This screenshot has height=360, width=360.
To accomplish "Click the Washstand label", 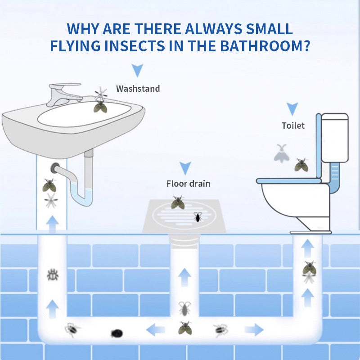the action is (x=138, y=89).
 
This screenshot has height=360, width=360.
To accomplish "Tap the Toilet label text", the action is (x=293, y=126).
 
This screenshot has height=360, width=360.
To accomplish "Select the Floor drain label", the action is (x=188, y=184).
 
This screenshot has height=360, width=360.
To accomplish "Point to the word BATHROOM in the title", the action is (x=265, y=46).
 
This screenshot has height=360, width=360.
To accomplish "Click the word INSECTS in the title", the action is (x=135, y=46).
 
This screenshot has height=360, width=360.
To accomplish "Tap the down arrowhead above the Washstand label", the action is (x=137, y=70).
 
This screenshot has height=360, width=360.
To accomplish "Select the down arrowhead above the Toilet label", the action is (x=292, y=109).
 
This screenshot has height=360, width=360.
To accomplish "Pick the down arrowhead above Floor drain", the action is (x=185, y=168).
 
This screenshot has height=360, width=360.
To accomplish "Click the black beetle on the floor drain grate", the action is (x=198, y=217).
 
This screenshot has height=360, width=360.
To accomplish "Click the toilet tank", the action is (x=335, y=138).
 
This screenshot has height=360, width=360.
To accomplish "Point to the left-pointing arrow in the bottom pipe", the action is (x=155, y=330).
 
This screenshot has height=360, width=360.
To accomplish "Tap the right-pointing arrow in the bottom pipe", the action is (x=254, y=330).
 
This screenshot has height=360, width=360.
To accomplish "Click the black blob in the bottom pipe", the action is (x=117, y=333).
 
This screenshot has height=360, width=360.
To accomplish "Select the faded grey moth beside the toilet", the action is (x=282, y=153).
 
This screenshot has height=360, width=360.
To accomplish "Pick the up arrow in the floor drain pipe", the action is (x=184, y=277).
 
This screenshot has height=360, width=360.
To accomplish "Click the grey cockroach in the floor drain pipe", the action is (x=184, y=308).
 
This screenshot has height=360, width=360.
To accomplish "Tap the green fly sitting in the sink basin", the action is (x=100, y=107).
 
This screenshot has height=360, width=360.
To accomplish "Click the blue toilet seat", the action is (x=288, y=181).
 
